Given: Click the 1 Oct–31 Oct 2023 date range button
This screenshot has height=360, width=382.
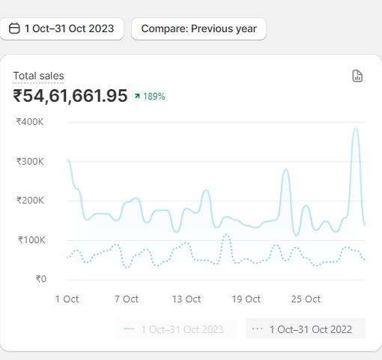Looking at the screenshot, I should point(62,28).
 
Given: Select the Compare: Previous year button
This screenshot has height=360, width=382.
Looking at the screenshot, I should point(198,28).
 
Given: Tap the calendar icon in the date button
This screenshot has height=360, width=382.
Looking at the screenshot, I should point(15,28).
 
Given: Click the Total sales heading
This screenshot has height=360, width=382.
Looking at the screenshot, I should point(38,76).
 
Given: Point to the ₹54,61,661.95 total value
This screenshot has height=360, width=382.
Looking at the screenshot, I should point(70,96).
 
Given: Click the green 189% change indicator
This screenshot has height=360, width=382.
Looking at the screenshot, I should point(150,97).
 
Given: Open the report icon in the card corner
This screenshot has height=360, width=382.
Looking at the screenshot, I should point(357,76).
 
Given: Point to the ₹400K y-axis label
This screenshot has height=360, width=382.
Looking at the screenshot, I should point(30,122).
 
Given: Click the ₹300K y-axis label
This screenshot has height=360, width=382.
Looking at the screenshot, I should point(30,162).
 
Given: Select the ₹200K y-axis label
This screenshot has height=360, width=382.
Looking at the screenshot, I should point(30,201).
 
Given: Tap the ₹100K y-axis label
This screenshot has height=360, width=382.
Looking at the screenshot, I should point(30,240).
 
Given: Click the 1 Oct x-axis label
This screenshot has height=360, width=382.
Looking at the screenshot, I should point(67,299).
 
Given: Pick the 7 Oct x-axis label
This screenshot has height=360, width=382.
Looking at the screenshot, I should point(126,299).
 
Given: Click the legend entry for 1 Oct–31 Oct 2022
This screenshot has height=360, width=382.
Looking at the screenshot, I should point(306,329).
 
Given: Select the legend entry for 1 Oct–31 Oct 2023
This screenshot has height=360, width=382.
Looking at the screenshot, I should point(177,329).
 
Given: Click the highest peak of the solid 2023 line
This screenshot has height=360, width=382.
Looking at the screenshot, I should point(355,129).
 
